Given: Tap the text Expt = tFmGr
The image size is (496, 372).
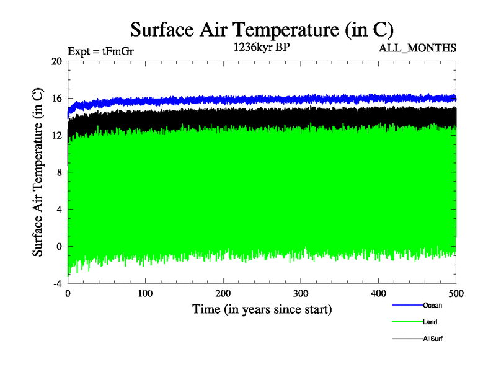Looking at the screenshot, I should point(100,51).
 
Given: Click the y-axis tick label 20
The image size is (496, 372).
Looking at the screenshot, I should point(57,61).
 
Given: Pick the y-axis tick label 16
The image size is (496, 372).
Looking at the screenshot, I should point(57,99).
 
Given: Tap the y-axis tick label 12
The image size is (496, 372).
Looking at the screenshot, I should point(57,135).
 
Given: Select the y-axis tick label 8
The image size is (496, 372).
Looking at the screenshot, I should point(59,172).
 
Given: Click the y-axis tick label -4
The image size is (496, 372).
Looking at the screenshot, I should point(57,283).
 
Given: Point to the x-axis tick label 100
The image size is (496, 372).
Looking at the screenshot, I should point(145,293).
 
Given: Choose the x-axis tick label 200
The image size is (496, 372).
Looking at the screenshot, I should point(223,293).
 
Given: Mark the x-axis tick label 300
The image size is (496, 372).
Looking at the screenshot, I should point(301,293).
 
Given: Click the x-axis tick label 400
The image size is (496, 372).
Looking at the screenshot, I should point(379,293).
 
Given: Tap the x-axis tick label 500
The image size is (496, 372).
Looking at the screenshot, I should point(456,293).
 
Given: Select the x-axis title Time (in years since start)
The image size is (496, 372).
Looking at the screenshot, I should point(262,309).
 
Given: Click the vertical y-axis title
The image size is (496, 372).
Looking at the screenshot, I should point(38,172).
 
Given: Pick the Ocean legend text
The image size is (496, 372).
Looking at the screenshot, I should point(433,305).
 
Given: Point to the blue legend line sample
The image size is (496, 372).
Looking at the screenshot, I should point(407,306).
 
